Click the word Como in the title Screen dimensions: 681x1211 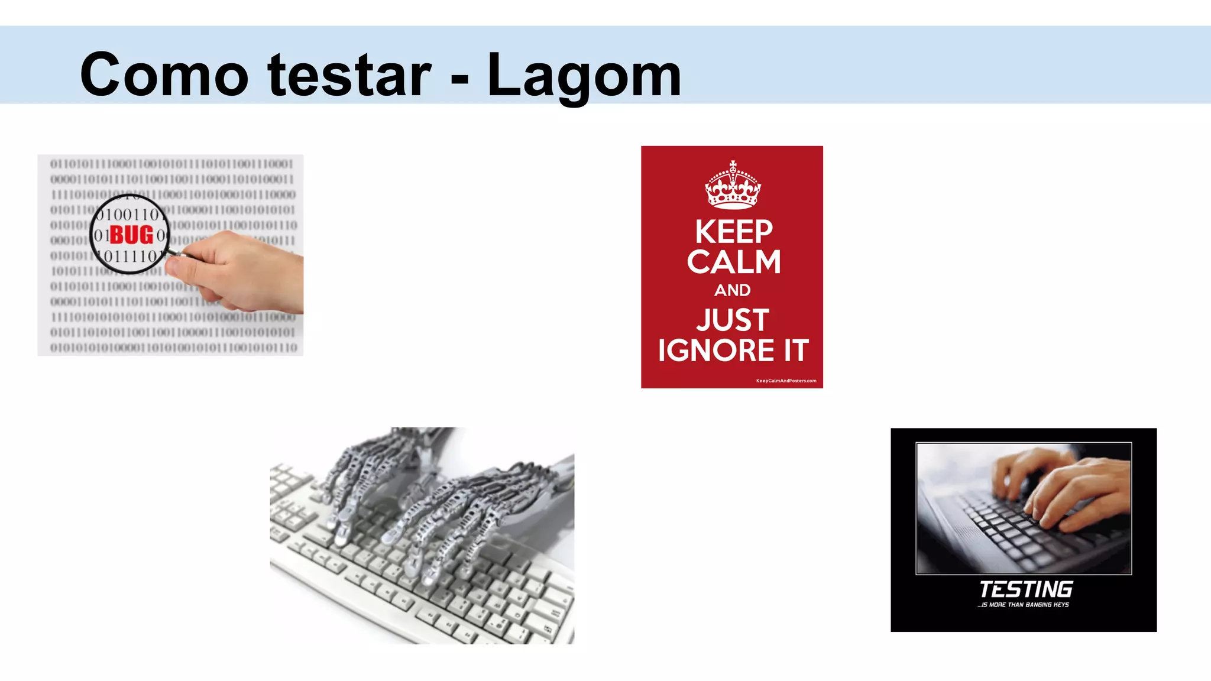coord(164,75)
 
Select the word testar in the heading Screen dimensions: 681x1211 coord(349,75)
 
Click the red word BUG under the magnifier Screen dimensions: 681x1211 coord(131,235)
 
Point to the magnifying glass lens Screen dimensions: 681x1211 coord(130,234)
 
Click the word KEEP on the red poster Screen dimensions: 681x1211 coord(733,232)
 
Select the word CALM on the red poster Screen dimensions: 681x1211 coord(733,262)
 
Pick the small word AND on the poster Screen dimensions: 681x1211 coord(732,290)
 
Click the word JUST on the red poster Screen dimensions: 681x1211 coord(733,320)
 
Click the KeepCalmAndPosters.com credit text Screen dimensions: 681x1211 coord(786,381)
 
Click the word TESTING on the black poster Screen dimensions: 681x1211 coord(1025,589)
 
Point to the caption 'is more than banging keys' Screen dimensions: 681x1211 coord(1023,605)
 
